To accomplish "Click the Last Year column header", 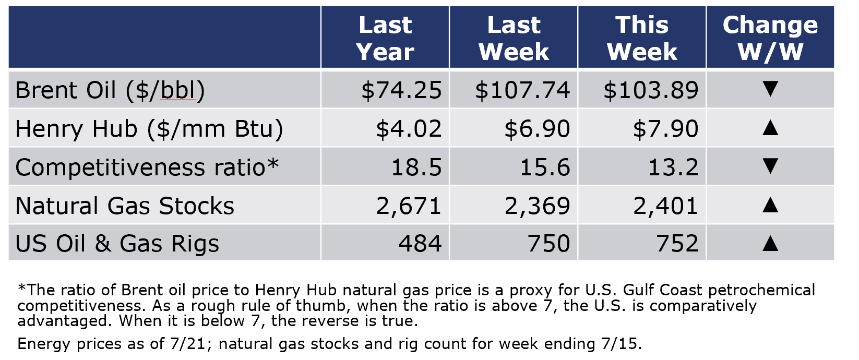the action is coord(385,38).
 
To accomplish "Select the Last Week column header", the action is coord(514,38).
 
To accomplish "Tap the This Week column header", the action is coord(642,38).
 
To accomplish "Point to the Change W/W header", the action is coord(770,38).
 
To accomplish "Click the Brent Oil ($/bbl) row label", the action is coord(110,90).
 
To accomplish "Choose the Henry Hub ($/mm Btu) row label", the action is coord(149,129).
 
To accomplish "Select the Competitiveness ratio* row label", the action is coord(147,167).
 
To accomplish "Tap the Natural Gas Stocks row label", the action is coord(125,206).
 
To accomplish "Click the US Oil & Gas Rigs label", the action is coord(117,244).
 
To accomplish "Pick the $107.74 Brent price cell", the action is coord(522,90).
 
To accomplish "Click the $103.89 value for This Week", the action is coord(651,90).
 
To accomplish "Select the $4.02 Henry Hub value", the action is coord(409,129).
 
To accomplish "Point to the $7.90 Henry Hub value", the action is coord(665,129).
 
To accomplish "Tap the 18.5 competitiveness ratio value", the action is coord(416,167).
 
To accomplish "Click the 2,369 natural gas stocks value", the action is coord(537,206).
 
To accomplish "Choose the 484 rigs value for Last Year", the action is coord(420,244).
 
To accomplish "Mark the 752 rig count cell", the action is coord(677,244).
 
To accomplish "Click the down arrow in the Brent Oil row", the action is coord(770,89).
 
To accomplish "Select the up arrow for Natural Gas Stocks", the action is coord(770,205).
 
